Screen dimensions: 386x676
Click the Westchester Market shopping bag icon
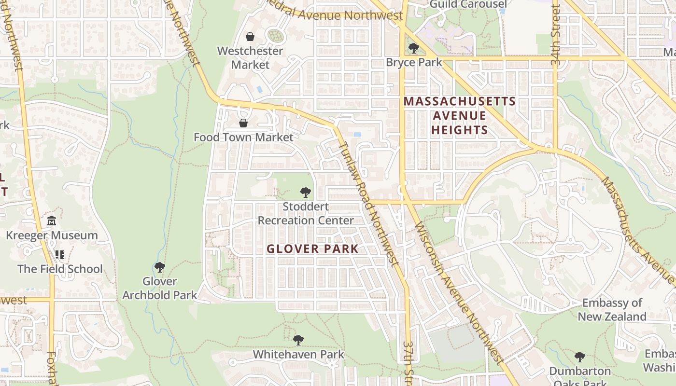[x=250, y=37]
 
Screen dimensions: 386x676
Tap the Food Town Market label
[x=243, y=138]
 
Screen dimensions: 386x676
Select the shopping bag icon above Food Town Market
[x=243, y=123]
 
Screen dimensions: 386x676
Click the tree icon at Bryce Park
[x=413, y=48]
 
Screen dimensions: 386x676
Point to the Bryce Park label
[x=414, y=62]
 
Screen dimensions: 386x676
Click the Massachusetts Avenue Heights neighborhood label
[x=460, y=116]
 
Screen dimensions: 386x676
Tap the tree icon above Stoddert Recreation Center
[x=305, y=193]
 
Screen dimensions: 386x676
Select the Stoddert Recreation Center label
[x=306, y=214]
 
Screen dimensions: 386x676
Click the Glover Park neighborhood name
[x=312, y=249]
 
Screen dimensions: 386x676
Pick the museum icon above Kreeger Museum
[x=52, y=221]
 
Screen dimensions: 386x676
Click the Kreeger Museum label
[x=52, y=235]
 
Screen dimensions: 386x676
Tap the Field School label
[x=60, y=269]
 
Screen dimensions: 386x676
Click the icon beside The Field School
[x=60, y=254]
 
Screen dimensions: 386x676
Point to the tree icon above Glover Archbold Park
[x=159, y=267]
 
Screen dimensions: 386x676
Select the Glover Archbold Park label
[x=159, y=288]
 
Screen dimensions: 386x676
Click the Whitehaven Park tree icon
[x=298, y=340]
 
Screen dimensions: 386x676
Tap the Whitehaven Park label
[x=298, y=354]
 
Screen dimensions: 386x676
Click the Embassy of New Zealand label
[x=612, y=310]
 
